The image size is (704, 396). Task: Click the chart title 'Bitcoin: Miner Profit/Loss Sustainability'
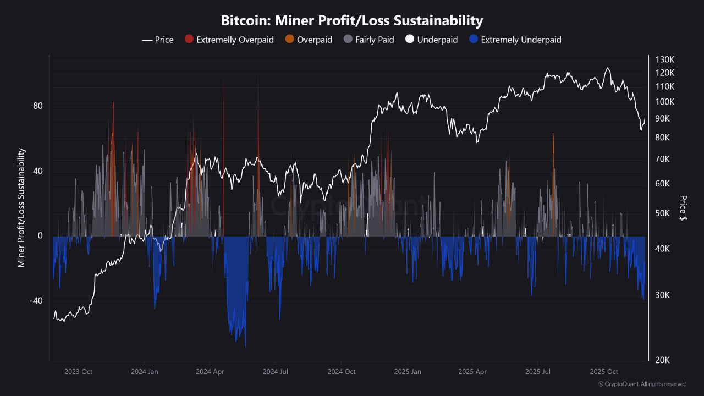352,21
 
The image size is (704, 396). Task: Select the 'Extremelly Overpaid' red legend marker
189,40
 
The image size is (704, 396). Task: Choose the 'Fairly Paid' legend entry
369,40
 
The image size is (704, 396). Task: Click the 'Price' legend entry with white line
158,40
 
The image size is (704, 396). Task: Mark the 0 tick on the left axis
40,235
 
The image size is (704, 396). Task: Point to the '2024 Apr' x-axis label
210,372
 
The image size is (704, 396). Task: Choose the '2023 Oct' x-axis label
79,372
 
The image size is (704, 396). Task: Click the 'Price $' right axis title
683,208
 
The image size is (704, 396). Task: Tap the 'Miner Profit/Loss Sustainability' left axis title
21,208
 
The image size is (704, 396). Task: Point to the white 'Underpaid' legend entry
431,40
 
